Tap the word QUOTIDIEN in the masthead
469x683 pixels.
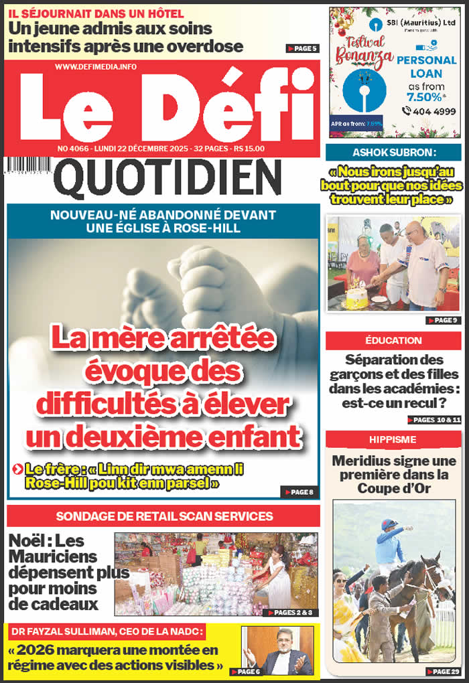[x=167, y=179]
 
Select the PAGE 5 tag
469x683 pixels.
[x=302, y=48]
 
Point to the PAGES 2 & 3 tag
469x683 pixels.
[x=291, y=613]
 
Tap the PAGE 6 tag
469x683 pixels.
[x=245, y=672]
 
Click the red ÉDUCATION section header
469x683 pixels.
[x=393, y=341]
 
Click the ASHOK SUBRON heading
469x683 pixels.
[x=393, y=152]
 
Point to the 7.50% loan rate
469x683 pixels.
[x=425, y=97]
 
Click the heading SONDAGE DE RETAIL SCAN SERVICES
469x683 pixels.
[x=164, y=516]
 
